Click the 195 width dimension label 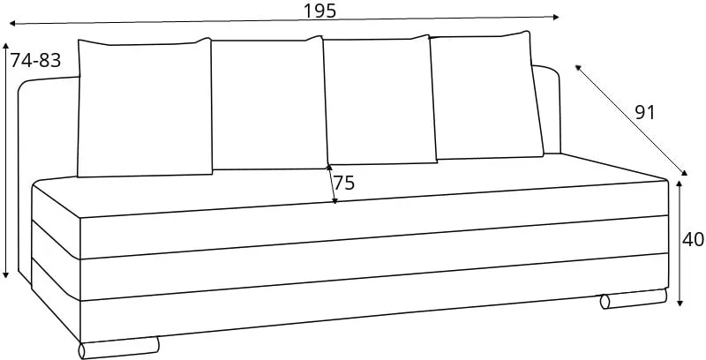click(319, 11)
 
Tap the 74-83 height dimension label click(35, 60)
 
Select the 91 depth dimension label click(645, 113)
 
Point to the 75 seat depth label click(344, 184)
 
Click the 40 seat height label click(693, 240)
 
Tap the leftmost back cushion click(145, 108)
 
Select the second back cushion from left click(269, 104)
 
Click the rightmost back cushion click(486, 96)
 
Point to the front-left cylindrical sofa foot click(119, 348)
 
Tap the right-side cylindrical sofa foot click(634, 299)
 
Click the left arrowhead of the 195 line click(12, 23)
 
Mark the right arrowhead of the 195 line click(555, 17)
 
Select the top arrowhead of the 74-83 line click(5, 47)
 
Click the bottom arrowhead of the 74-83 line click(5, 274)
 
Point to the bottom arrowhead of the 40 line click(680, 303)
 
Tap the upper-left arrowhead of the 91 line click(578, 68)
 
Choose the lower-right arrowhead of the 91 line click(685, 172)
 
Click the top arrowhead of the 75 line click(329, 168)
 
